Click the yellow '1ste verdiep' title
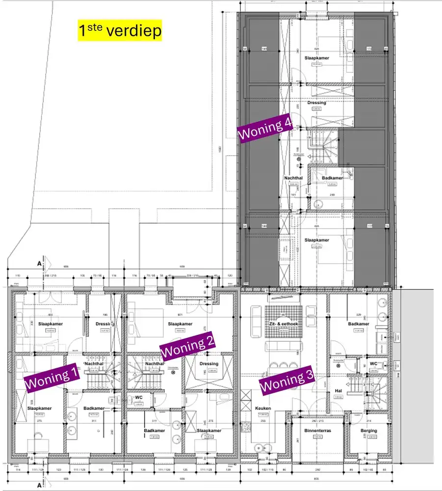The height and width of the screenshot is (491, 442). pyautogui.click(x=120, y=30)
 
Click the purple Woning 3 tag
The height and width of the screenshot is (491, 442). pyautogui.click(x=286, y=381)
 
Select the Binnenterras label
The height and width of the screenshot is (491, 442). pyautogui.click(x=316, y=431)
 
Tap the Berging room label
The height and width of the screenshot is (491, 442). pyautogui.click(x=368, y=431)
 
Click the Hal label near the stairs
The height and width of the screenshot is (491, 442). pyautogui.click(x=338, y=391)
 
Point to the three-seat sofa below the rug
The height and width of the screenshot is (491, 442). pyautogui.click(x=283, y=347)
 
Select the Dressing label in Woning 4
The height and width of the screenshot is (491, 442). pyautogui.click(x=316, y=103)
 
